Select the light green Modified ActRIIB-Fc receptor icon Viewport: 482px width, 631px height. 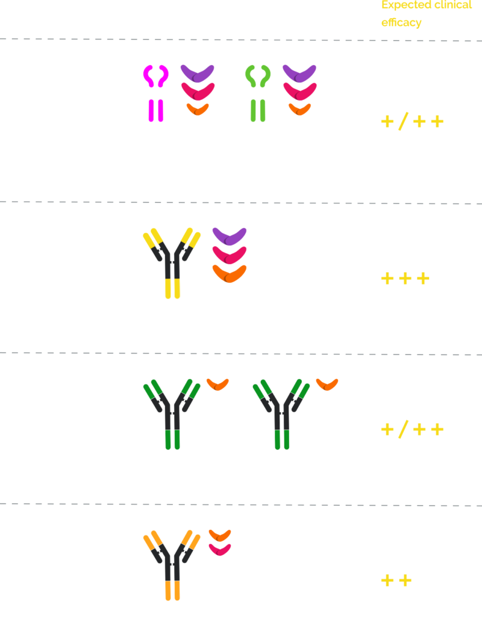click(257, 99)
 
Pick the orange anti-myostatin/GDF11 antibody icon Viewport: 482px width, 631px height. click(172, 565)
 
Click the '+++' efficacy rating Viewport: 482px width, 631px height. click(405, 279)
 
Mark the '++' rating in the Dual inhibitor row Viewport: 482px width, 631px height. click(396, 580)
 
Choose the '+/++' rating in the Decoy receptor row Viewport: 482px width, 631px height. click(412, 122)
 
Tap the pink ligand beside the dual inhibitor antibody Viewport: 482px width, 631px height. click(220, 549)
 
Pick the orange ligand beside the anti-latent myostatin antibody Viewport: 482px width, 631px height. click(327, 384)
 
